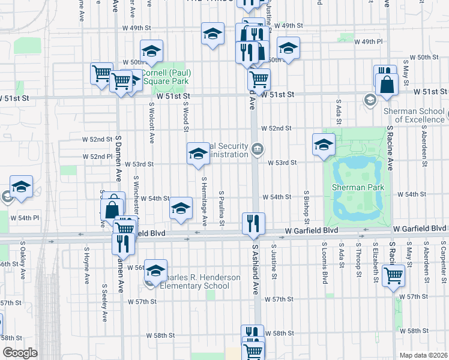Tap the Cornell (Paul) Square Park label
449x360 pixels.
point(166,76)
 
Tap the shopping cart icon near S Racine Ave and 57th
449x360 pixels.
point(393,276)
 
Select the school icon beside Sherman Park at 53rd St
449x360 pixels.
point(324,144)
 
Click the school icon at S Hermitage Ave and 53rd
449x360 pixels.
point(198,154)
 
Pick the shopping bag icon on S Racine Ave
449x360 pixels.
point(387,85)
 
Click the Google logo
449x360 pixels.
point(20,353)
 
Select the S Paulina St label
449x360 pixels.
point(221,210)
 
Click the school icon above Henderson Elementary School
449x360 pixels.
point(156,271)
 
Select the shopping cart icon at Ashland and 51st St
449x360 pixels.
point(259,79)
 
